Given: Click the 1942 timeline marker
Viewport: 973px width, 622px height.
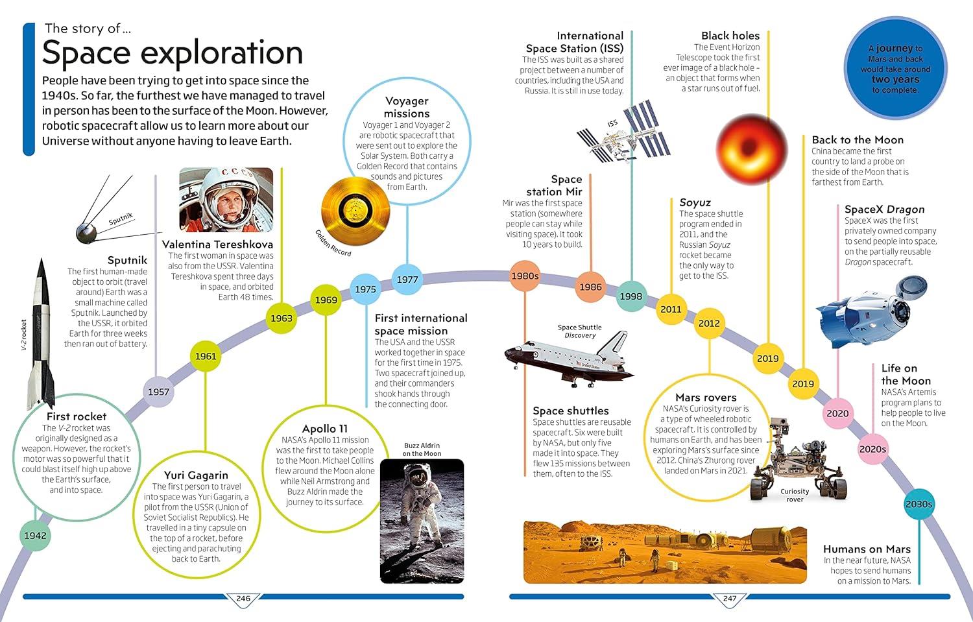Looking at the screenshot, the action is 35,536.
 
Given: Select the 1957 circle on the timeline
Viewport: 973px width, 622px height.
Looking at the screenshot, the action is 158,392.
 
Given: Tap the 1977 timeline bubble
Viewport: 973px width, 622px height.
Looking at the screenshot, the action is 407,280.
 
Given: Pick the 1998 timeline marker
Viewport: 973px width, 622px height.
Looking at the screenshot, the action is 631,296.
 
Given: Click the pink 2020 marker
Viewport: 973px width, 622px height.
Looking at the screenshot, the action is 837,414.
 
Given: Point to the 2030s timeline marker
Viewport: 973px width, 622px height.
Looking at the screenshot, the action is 919,505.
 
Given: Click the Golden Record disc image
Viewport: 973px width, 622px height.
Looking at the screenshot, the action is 355,211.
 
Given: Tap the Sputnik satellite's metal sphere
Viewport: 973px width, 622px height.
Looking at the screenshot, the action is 86,233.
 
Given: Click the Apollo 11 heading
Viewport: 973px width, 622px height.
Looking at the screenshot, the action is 325,429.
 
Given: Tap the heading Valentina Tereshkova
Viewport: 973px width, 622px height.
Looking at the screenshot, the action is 217,245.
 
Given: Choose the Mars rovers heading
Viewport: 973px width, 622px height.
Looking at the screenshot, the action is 706,398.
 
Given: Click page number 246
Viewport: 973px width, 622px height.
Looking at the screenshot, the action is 243,599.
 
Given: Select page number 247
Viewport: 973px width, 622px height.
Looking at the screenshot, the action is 730,599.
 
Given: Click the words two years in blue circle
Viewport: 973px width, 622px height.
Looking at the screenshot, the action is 895,80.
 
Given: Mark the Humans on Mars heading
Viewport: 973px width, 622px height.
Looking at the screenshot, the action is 867,549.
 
